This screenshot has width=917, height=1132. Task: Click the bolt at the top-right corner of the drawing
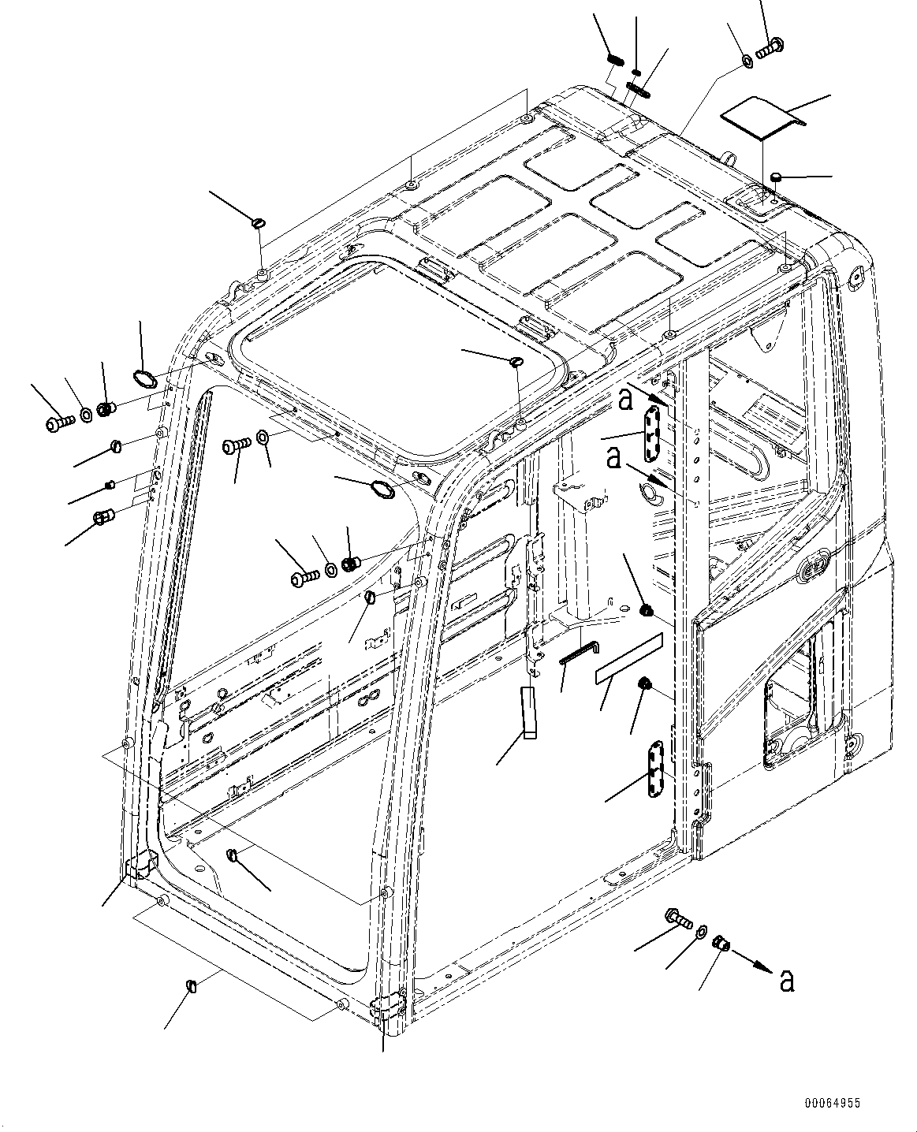point(768,47)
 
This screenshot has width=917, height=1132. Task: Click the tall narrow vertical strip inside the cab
point(528,713)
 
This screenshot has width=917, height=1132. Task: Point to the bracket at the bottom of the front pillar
point(386,1010)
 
